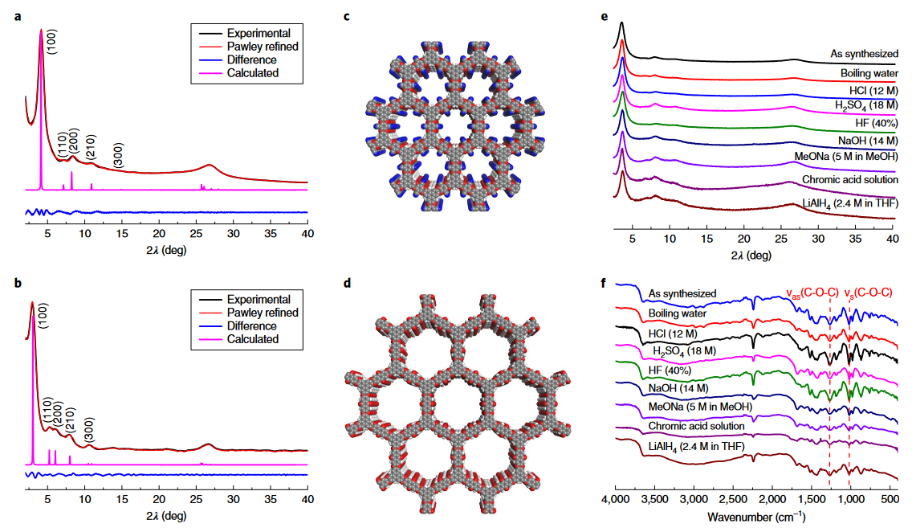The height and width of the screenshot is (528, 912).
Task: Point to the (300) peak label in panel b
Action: click(x=89, y=432)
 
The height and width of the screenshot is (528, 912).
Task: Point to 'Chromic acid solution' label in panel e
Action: click(x=848, y=179)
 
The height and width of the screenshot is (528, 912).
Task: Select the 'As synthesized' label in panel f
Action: click(x=682, y=294)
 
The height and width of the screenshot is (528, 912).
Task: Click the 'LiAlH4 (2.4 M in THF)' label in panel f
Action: click(x=695, y=444)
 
